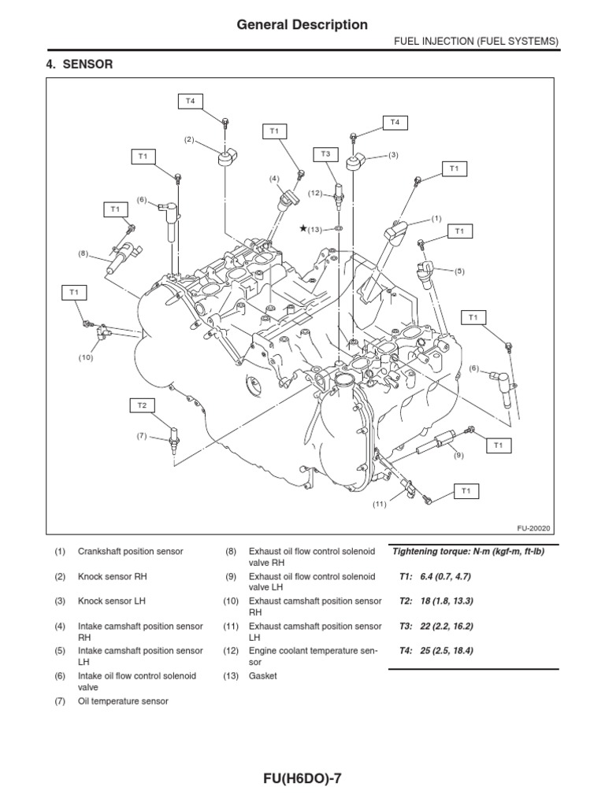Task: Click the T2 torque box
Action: pyautogui.click(x=143, y=405)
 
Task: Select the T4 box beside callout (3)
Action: pyautogui.click(x=395, y=121)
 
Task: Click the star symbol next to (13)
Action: pyautogui.click(x=302, y=228)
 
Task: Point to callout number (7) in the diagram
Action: pyautogui.click(x=142, y=435)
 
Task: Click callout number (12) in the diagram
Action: pyautogui.click(x=315, y=193)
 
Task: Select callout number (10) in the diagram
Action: pyautogui.click(x=85, y=357)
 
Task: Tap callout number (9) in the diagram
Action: pyautogui.click(x=457, y=455)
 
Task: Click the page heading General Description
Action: pyautogui.click(x=302, y=25)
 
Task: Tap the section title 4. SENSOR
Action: pyautogui.click(x=80, y=65)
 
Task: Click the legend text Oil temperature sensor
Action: pyautogui.click(x=123, y=701)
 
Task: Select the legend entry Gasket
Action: pyautogui.click(x=262, y=675)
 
